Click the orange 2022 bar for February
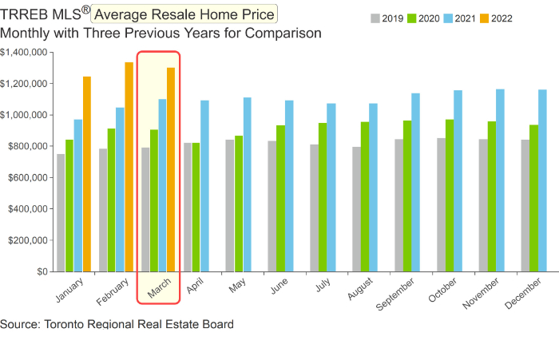(129, 167)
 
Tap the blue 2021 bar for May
(248, 184)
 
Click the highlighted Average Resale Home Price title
(184, 14)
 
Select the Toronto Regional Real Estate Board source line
(117, 325)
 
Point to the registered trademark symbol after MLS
(85, 10)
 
